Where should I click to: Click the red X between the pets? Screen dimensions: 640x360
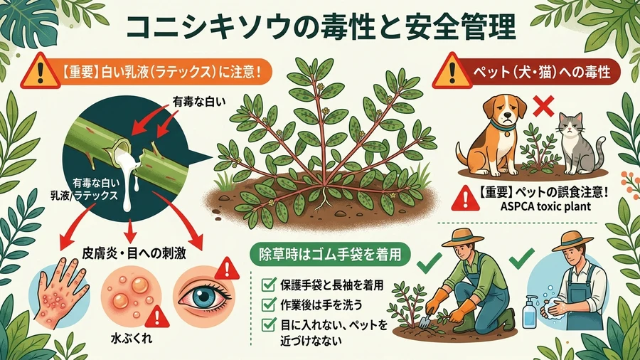click(543, 106)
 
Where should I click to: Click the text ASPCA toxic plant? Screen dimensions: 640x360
click(545, 206)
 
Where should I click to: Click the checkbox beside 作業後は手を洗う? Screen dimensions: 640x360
click(268, 305)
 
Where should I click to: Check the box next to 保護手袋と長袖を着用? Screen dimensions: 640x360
click(268, 284)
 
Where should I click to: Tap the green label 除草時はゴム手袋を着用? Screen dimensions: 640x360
click(330, 254)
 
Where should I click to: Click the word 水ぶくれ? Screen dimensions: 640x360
click(132, 339)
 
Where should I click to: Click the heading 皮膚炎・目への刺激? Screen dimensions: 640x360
click(134, 253)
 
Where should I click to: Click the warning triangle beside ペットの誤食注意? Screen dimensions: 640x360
click(465, 198)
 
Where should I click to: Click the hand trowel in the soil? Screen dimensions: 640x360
click(425, 321)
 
